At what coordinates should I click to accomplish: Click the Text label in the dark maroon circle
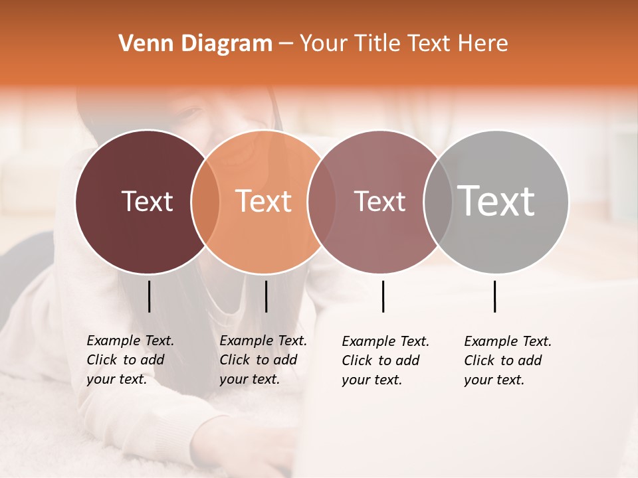(147, 201)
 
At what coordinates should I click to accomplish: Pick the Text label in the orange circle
(263, 201)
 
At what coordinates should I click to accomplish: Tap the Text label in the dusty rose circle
(379, 201)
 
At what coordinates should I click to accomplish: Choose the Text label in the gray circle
(496, 201)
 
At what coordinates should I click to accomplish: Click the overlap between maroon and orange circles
(205, 201)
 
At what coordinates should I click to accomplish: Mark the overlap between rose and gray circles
(437, 201)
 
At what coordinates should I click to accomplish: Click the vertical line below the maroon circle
(149, 296)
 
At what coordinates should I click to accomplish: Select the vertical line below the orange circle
(266, 296)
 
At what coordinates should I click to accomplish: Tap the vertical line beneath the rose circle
(383, 296)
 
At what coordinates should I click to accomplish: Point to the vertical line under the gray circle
(494, 296)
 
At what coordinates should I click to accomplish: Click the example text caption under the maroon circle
(130, 360)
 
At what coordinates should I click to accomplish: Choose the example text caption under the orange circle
(263, 360)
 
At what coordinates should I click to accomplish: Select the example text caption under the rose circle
(385, 360)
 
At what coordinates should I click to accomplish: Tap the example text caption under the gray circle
(507, 360)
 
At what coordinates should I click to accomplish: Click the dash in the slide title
(286, 44)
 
